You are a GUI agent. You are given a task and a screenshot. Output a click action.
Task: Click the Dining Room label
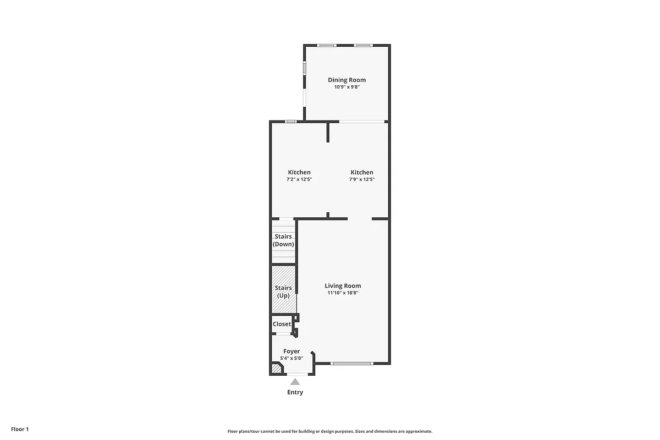point(346,80)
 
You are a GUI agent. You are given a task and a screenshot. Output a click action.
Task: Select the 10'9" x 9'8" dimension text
point(346,87)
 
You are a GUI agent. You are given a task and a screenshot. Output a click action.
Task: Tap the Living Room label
point(343,285)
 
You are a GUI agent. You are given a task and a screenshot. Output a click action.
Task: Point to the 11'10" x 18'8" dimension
point(343,293)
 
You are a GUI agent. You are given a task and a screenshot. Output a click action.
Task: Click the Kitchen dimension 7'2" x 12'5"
point(299,179)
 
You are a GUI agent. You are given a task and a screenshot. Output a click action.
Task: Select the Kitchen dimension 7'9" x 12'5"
point(362,179)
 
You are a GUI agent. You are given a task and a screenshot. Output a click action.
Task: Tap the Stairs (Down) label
point(283,240)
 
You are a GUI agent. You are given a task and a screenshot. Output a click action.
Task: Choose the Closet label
point(282,324)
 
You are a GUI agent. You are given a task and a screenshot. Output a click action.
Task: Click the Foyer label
point(291,351)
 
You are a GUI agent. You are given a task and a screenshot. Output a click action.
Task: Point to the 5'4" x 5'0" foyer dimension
point(291,358)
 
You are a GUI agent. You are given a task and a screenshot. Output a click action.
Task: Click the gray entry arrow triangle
point(295,381)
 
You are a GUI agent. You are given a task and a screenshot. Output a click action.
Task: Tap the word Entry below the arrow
point(295,392)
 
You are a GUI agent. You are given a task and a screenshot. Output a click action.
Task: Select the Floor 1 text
point(19,428)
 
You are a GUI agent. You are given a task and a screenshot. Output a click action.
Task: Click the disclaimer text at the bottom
point(330,432)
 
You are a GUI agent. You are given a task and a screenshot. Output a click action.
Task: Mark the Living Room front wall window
point(352,363)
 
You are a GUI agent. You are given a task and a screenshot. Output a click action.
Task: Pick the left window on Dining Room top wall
point(328,45)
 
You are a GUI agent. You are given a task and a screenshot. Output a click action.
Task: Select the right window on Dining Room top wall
point(362,45)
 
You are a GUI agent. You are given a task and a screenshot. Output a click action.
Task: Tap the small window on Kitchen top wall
point(291,121)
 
